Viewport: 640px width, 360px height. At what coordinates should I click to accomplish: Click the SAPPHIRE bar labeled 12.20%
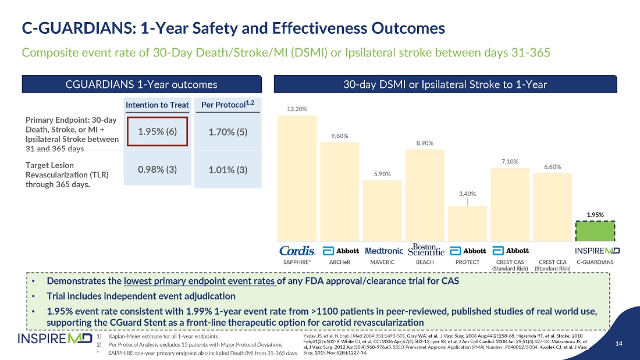tap(297, 177)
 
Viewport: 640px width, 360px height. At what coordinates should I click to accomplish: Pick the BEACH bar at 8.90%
tap(425, 195)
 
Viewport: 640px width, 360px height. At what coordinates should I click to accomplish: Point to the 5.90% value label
tap(382, 174)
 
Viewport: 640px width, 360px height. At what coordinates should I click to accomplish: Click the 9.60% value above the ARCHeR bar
tap(339, 136)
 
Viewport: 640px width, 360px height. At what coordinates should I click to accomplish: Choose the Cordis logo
tap(297, 251)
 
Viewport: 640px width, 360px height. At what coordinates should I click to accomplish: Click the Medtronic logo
tap(383, 251)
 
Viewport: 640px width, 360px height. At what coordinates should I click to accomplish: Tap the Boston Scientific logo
tap(426, 249)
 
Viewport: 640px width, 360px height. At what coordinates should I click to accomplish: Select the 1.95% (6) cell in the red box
tap(158, 132)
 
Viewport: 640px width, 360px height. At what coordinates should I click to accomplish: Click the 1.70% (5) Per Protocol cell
tap(228, 132)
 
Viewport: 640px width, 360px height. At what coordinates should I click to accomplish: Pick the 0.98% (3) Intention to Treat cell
tap(158, 169)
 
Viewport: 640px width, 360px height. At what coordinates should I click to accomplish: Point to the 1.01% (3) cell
tap(228, 170)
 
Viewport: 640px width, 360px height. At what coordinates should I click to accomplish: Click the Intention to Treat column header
tap(158, 105)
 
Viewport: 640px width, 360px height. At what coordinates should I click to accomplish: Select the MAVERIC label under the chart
tap(382, 262)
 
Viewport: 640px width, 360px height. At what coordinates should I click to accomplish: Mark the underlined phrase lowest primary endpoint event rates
tap(200, 281)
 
